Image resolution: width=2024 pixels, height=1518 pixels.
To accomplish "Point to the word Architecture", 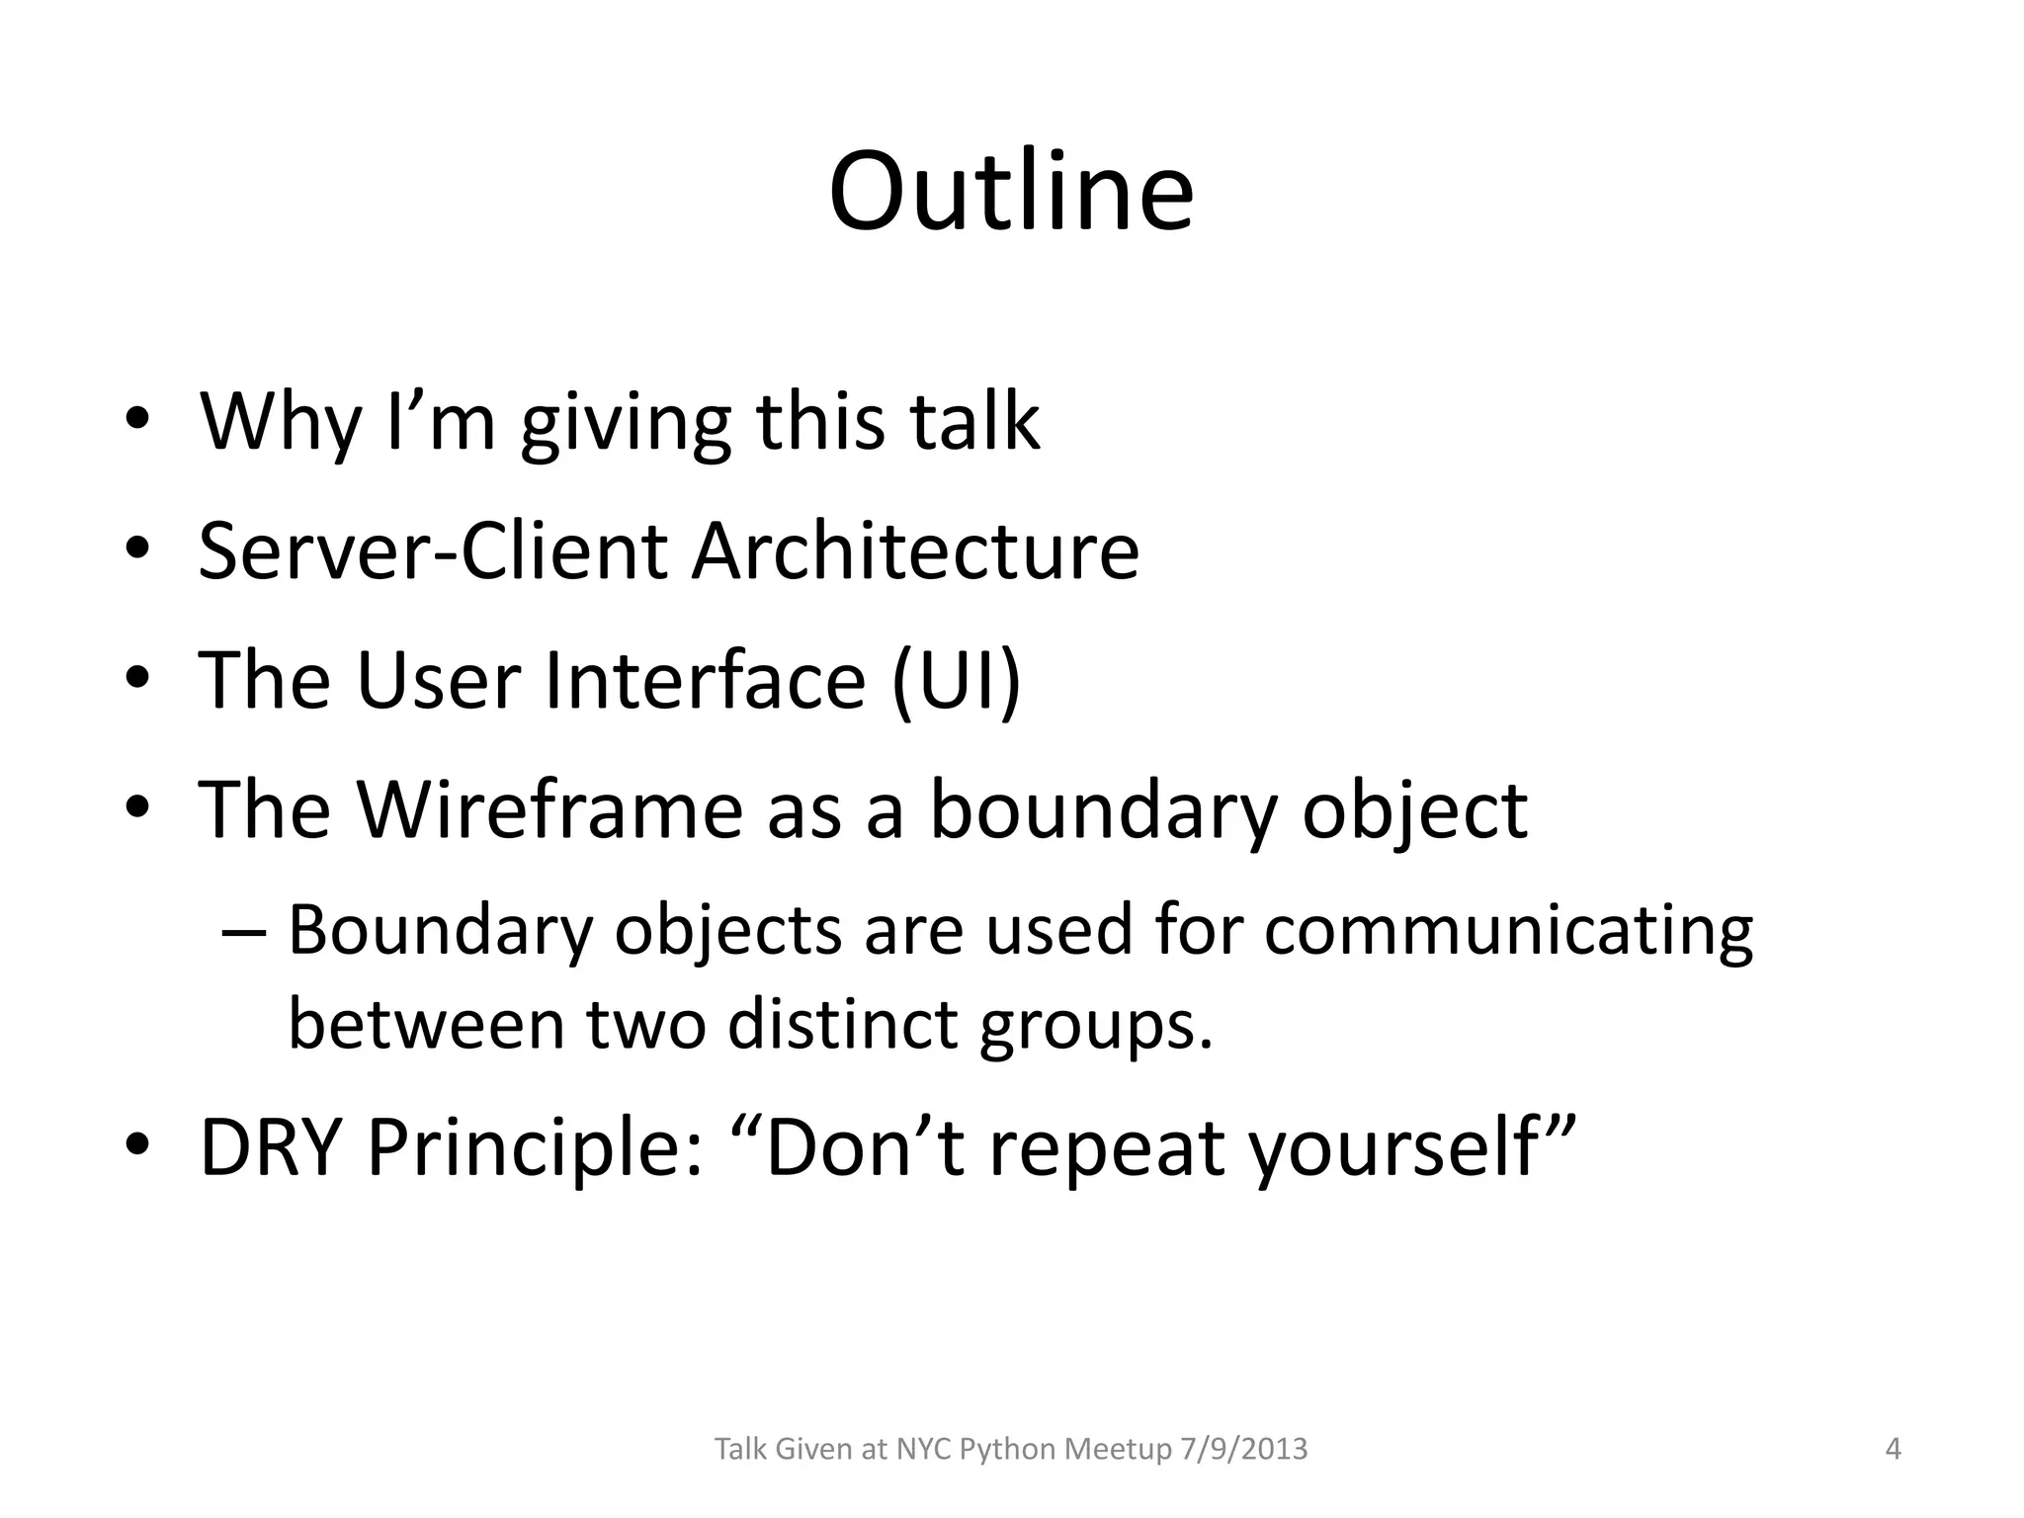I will click(x=915, y=550).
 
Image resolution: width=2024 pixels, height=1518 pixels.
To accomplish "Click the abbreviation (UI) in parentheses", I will click(x=956, y=681).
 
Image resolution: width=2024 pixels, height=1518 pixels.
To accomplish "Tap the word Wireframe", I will click(x=548, y=809).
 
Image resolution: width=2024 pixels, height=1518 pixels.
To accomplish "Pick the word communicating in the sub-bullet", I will click(x=1508, y=931).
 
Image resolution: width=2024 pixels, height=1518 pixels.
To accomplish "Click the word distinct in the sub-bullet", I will click(x=841, y=1024).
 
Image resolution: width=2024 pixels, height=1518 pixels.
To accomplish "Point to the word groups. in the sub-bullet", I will click(x=1095, y=1026).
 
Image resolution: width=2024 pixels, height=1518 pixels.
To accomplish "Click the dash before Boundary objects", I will click(x=243, y=931).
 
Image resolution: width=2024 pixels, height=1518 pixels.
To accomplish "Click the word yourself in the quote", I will click(x=1393, y=1149).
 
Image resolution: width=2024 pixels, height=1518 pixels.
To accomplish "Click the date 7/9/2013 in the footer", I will click(x=1243, y=1449).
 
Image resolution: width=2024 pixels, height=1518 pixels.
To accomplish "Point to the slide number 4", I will click(x=1894, y=1449).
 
